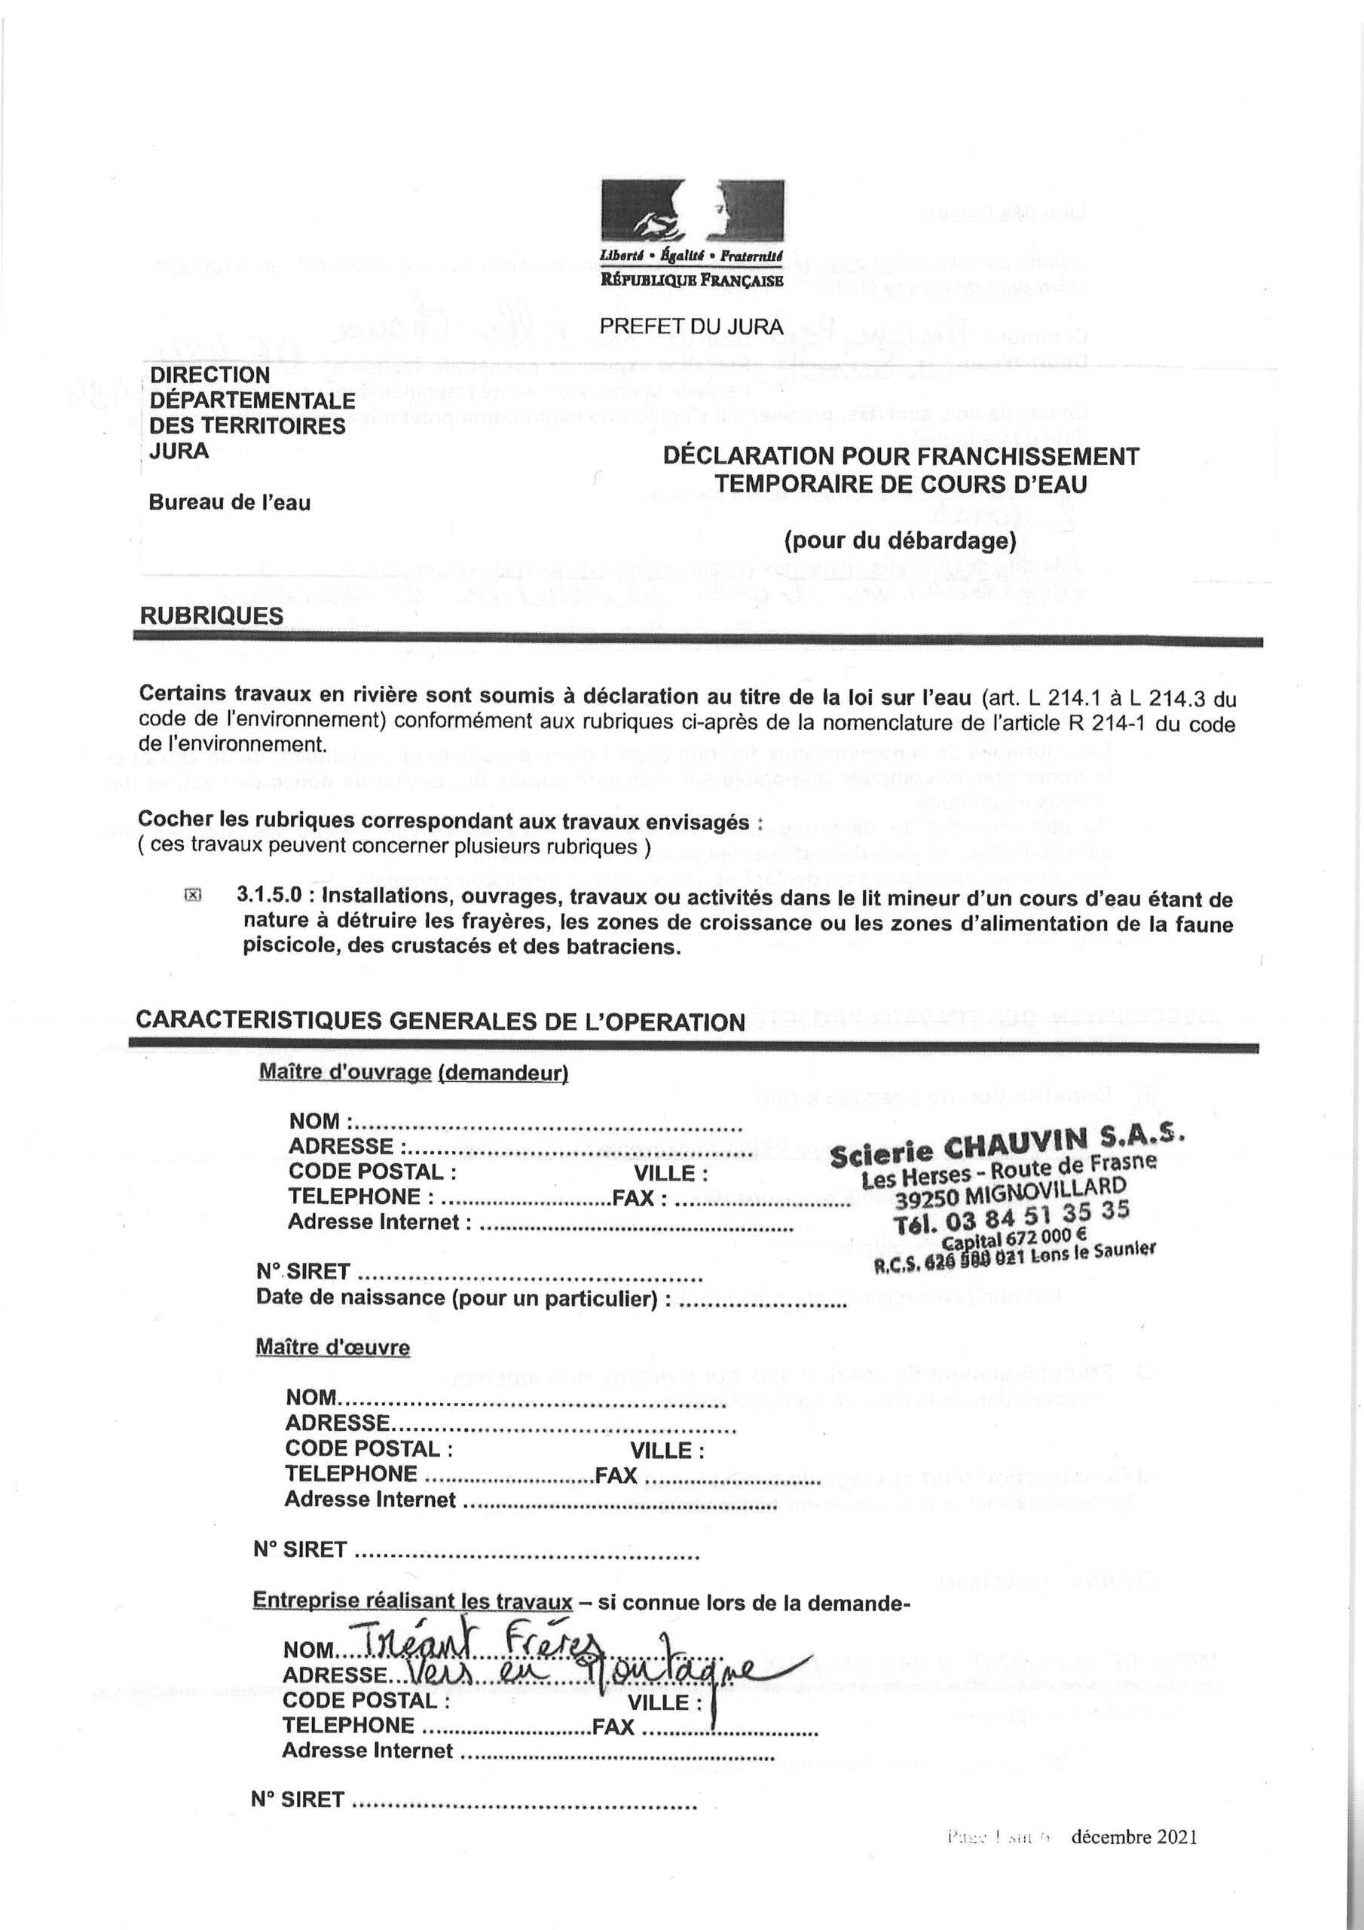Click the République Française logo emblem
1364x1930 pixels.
[x=691, y=213]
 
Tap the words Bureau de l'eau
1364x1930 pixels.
[x=229, y=503]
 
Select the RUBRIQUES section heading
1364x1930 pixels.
[x=211, y=615]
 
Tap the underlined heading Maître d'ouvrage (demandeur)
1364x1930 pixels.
[x=414, y=1074]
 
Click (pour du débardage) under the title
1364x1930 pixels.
[x=899, y=540]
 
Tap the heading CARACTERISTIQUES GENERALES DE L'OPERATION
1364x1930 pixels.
[x=440, y=1022]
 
